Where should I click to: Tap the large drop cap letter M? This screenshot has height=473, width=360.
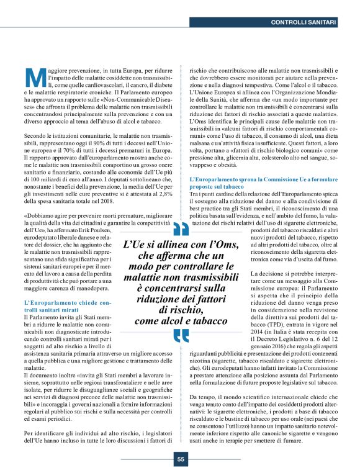34,77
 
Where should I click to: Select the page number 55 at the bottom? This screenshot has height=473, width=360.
180,459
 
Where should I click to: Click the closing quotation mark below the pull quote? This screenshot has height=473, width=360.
181,335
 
